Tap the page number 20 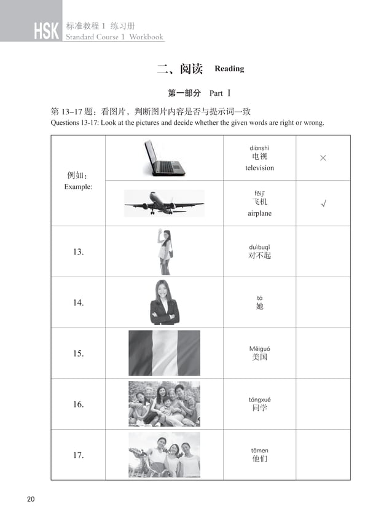[31, 498]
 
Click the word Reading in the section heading [229, 69]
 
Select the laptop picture [164, 158]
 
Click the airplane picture [164, 203]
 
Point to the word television [259, 168]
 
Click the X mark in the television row [323, 159]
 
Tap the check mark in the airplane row [323, 203]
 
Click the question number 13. [78, 252]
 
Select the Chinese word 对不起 [259, 255]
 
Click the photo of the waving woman [164, 251]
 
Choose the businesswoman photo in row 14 [164, 302]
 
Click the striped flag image [164, 353]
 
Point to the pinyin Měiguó [259, 349]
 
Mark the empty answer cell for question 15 [323, 353]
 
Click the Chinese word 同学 [259, 408]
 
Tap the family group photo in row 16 [164, 404]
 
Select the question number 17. [78, 455]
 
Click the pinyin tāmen [259, 451]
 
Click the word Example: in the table [78, 186]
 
